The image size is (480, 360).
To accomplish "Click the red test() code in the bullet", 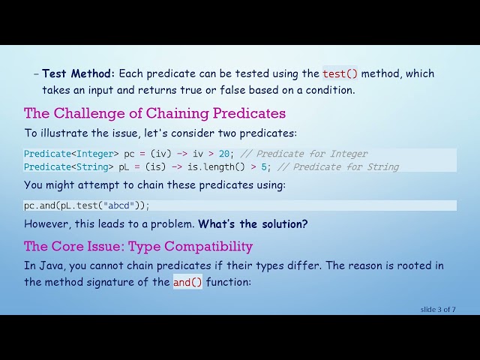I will [340, 73].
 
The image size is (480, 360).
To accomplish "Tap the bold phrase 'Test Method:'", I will [79, 73].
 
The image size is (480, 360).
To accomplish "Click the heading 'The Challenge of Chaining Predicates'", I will [154, 113].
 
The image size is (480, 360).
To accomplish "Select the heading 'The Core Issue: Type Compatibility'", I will [138, 246].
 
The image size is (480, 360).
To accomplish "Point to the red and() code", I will [187, 283].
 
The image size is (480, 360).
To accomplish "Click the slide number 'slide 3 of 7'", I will [438, 309].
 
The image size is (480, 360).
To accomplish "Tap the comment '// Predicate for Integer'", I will [304, 154].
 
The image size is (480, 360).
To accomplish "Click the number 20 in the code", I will [224, 154].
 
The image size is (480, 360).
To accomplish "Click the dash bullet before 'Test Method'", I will [36, 73].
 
